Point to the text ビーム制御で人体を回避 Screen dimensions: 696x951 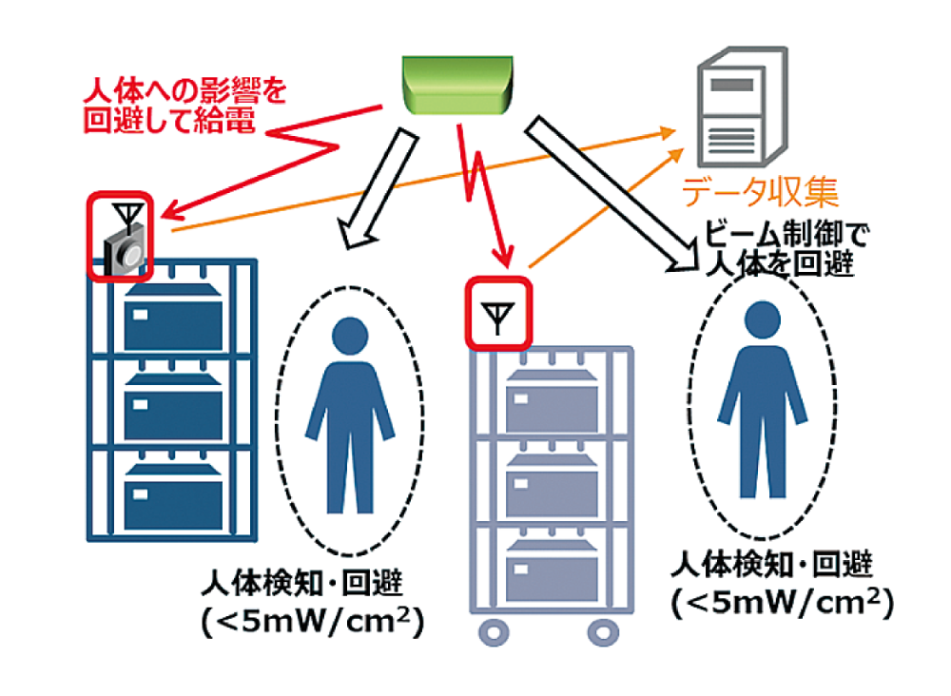pos(778,248)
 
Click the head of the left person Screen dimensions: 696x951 pos(349,336)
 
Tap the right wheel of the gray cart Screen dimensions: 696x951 pos(602,629)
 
